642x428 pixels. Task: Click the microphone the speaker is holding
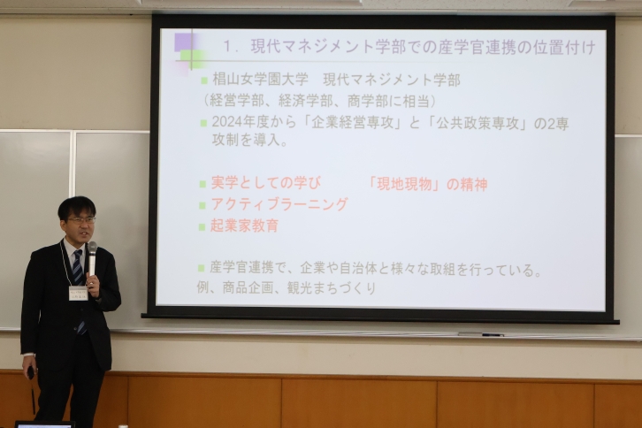coord(92,258)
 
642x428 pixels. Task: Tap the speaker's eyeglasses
coord(81,220)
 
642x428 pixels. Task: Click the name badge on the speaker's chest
coord(78,293)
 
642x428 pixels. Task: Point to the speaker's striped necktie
coord(80,287)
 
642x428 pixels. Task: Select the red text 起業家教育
coord(245,225)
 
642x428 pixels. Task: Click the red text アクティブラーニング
coord(279,204)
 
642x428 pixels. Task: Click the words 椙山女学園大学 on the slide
coord(260,79)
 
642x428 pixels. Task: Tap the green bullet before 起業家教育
coord(202,226)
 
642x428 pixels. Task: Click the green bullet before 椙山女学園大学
coord(204,80)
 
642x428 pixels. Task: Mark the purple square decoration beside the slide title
coord(185,42)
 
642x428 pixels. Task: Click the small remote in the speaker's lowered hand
coord(31,373)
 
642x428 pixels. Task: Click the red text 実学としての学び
coord(266,183)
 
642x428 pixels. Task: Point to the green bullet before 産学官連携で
coord(201,268)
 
